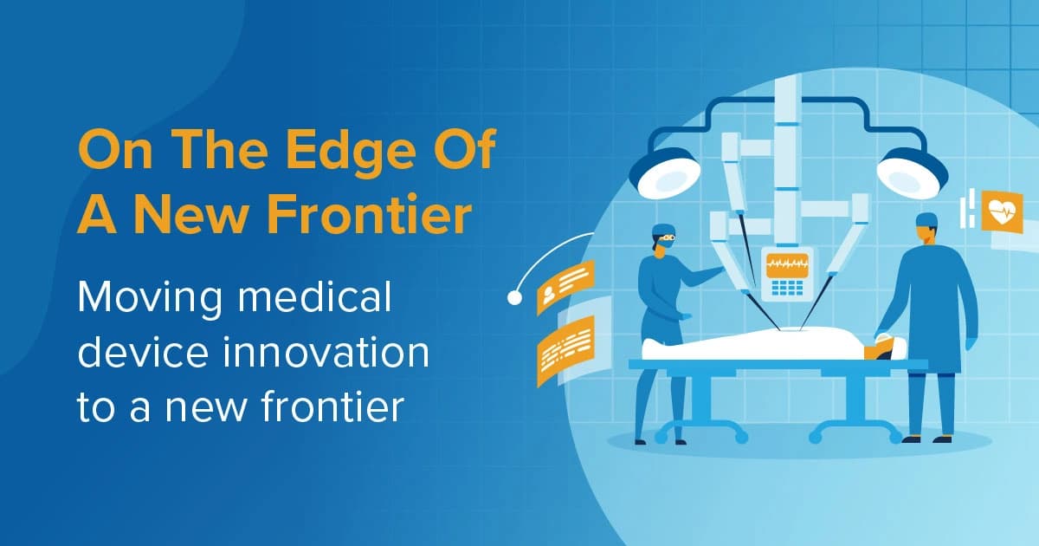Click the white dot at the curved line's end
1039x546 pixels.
tap(514, 298)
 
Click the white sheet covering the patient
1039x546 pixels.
tap(753, 345)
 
